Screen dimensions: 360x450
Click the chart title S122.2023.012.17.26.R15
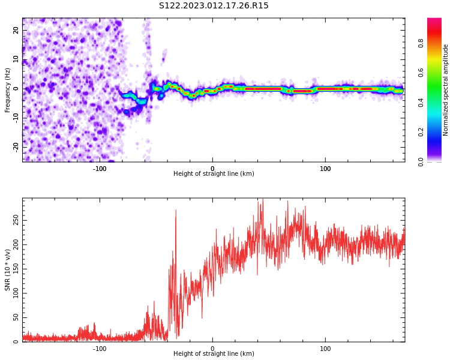(214, 6)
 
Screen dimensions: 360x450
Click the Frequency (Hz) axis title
(8, 90)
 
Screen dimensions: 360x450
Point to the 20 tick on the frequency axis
(16, 30)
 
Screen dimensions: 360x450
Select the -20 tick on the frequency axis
(16, 146)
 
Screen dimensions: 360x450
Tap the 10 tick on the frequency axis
(16, 59)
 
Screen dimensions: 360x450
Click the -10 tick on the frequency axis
(16, 118)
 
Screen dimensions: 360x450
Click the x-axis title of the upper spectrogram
(214, 174)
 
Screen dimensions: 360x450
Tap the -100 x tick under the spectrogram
(100, 169)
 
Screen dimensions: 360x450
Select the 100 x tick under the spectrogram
(325, 169)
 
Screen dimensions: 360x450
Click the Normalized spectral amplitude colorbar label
(446, 90)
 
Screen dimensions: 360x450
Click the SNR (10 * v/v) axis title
(8, 270)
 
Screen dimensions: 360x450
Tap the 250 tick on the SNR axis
(16, 220)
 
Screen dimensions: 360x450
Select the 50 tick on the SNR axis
(16, 317)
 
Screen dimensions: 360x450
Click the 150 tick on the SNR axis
(16, 269)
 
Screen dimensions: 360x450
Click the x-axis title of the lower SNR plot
(214, 354)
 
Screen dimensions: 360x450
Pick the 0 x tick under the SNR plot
(212, 349)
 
